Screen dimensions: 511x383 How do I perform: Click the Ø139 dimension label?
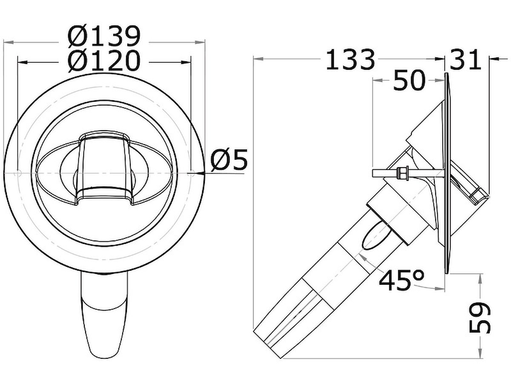[104, 36]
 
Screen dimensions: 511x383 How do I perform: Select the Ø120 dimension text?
[104, 60]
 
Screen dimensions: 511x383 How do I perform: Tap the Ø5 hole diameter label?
[229, 160]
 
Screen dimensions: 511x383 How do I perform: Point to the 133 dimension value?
[350, 59]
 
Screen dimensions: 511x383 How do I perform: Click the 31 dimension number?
[465, 59]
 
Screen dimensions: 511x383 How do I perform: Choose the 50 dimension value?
[409, 80]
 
